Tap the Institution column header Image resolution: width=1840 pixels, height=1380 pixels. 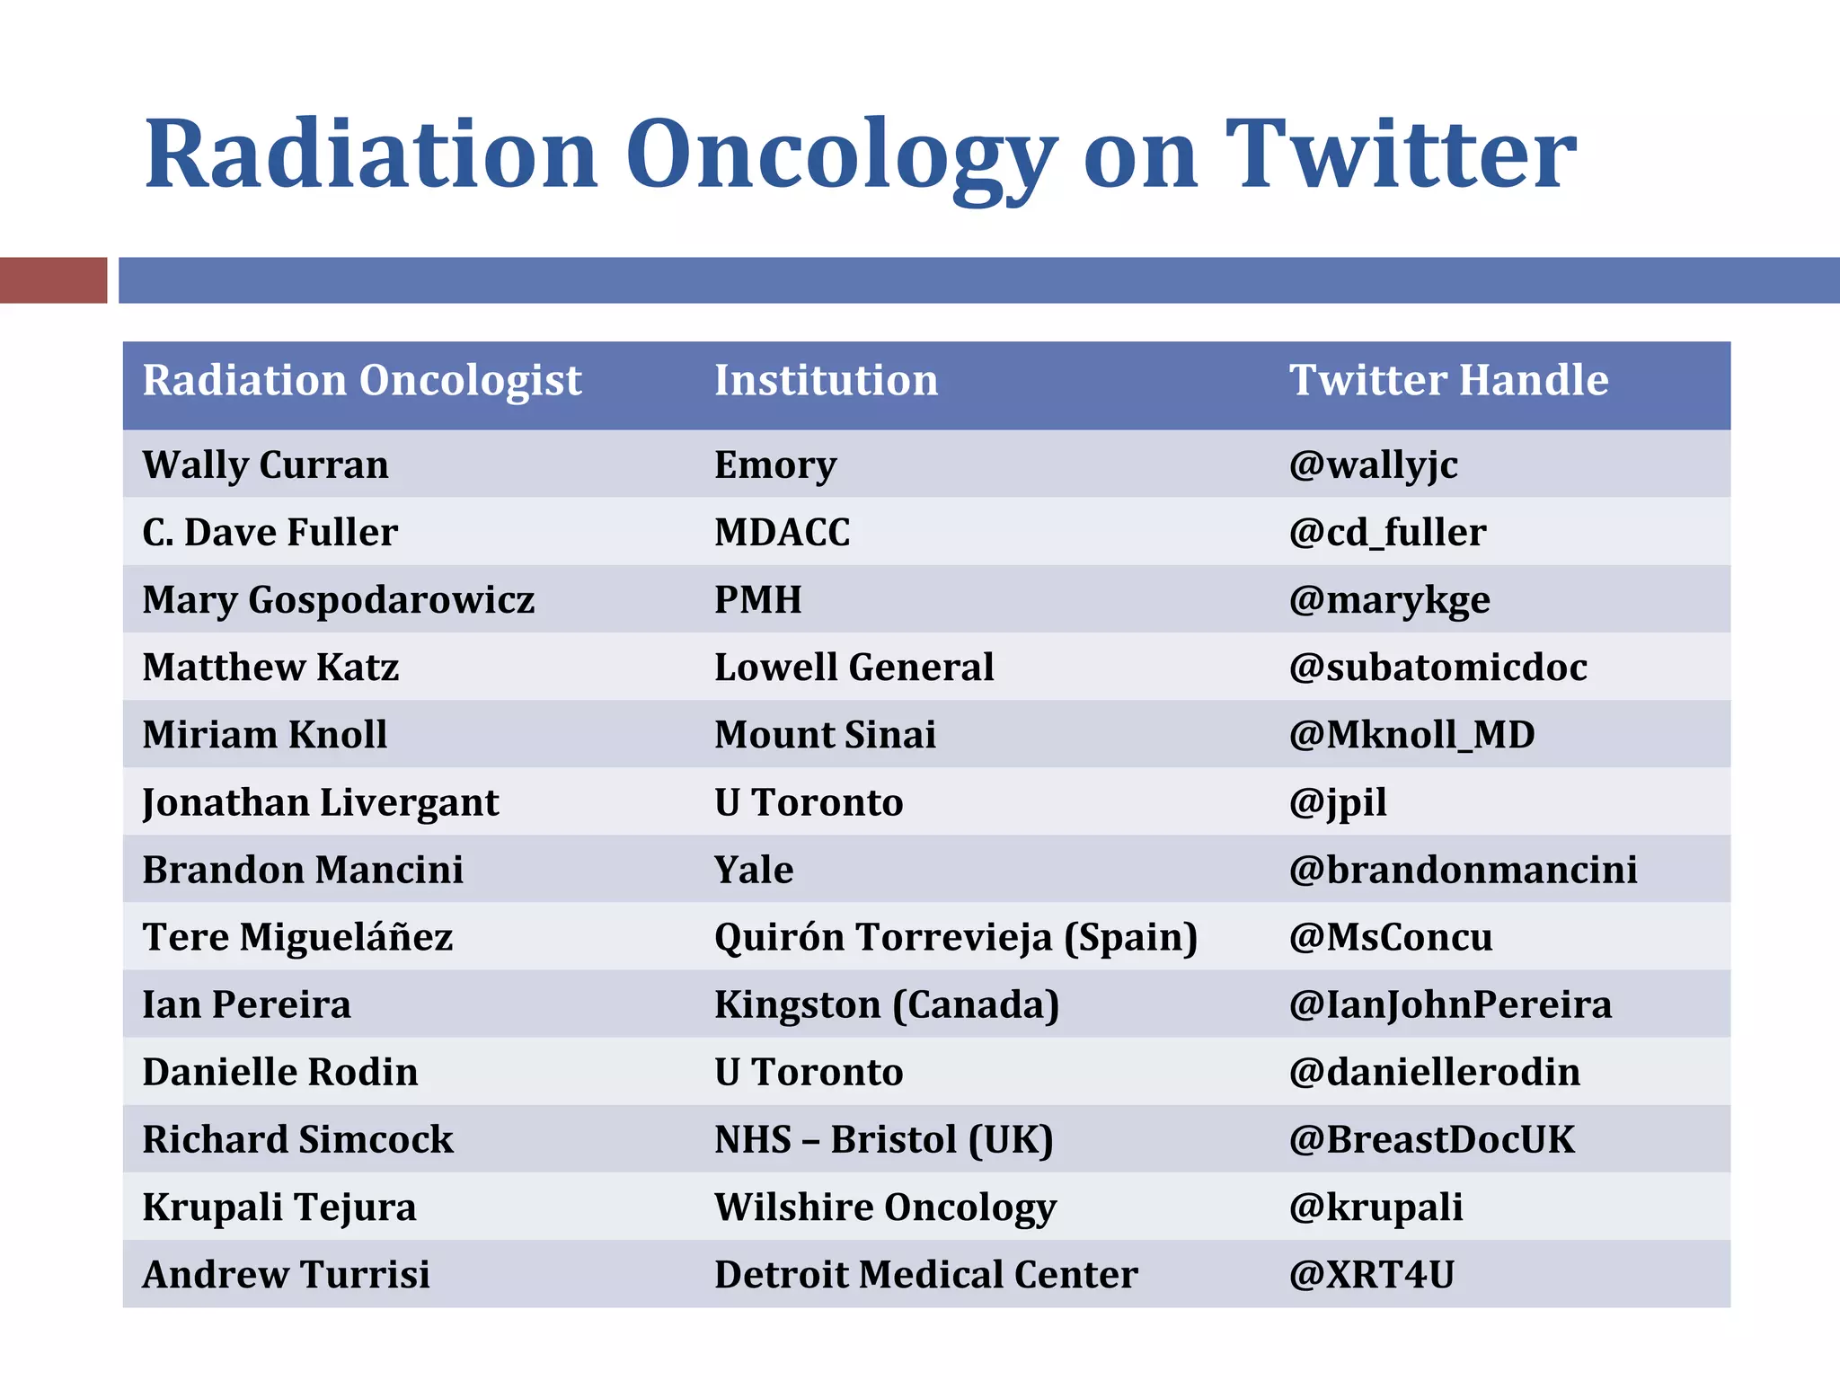point(826,380)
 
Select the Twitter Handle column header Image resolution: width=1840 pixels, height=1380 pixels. point(1448,380)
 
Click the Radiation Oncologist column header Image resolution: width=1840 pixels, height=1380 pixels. point(362,380)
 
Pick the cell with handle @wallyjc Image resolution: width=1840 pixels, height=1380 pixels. point(1373,465)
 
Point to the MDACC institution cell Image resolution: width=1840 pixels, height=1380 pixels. point(782,532)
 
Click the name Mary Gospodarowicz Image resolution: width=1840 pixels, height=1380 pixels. point(338,600)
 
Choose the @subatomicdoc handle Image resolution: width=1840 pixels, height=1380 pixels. point(1437,668)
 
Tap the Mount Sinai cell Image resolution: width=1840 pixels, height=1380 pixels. point(825,735)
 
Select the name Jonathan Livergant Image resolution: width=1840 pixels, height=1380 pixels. point(320,802)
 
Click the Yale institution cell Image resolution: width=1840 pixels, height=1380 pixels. point(754,870)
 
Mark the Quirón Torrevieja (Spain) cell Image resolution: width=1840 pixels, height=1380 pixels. point(956,937)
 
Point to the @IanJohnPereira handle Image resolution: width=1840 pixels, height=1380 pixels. point(1450,1004)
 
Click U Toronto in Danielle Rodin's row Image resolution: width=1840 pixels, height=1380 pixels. point(809,1072)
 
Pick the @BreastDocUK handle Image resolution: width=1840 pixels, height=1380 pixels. point(1431,1139)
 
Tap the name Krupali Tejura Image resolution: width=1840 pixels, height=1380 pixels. point(279,1207)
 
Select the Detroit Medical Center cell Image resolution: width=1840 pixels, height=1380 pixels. point(925,1274)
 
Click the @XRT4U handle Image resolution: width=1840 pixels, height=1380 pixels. point(1371,1274)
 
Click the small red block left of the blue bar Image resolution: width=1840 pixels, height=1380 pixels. point(53,280)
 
